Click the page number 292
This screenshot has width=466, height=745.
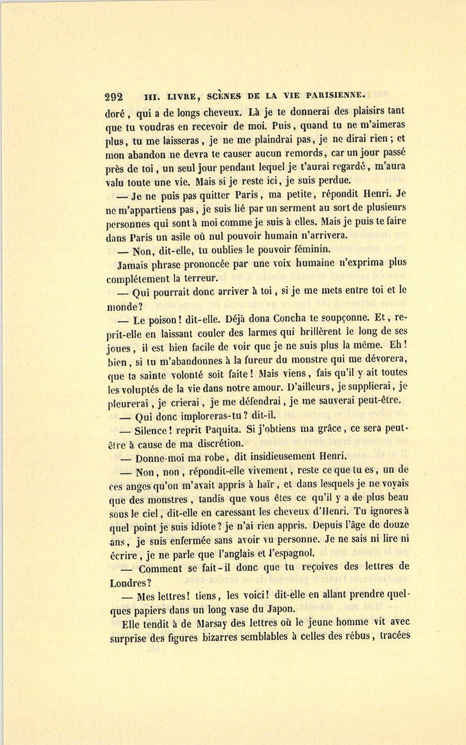pos(114,96)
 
